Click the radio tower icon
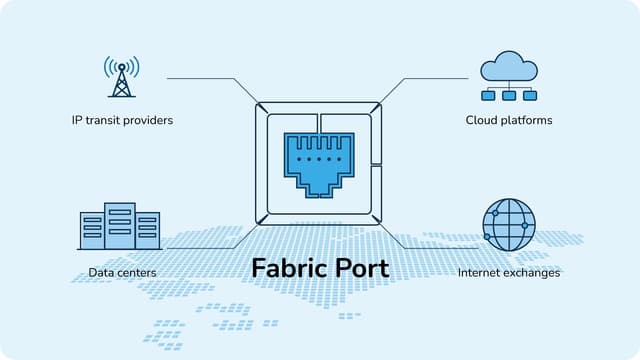[x=122, y=77]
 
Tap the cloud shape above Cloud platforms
[x=509, y=68]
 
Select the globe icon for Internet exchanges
[x=508, y=224]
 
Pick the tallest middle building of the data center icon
[x=120, y=226]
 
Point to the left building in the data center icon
[x=92, y=231]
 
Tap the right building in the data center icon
[x=148, y=231]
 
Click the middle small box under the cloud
[x=509, y=95]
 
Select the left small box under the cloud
[x=491, y=95]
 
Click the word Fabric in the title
[x=290, y=269]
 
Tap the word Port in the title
[x=362, y=269]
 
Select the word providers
[x=150, y=120]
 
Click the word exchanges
[x=532, y=272]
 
